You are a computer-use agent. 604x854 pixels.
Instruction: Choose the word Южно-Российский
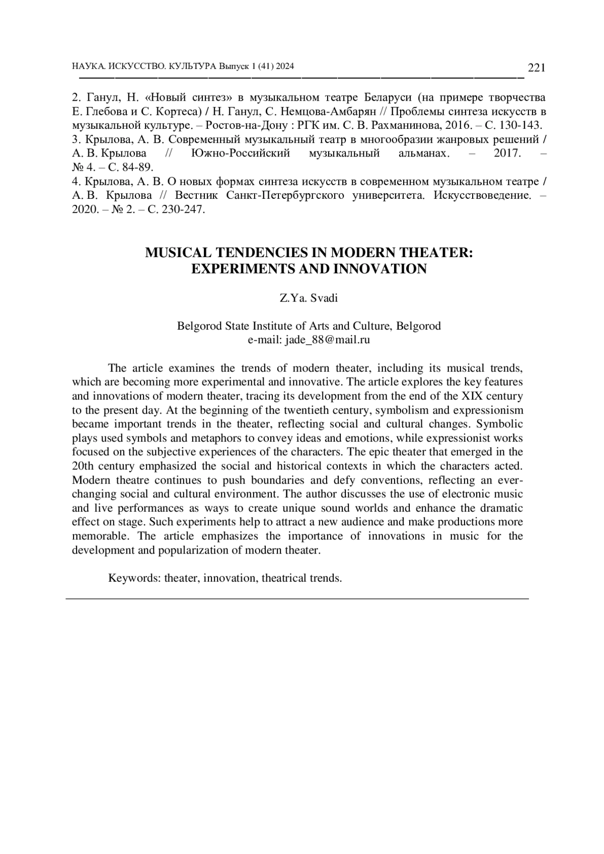pos(241,153)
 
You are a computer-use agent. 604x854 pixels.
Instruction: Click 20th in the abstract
pos(83,466)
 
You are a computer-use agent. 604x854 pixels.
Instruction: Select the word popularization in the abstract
pos(193,550)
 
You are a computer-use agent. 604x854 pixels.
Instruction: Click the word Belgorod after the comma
pos(418,326)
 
